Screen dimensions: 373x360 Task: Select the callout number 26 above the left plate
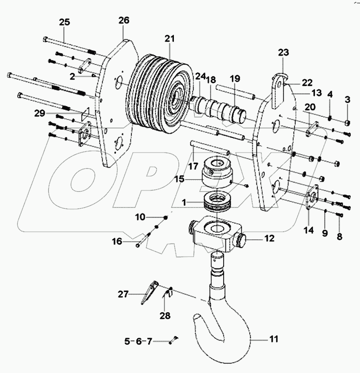[124, 20]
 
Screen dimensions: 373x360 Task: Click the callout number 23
[283, 52]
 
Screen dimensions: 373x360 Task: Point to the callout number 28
[165, 315]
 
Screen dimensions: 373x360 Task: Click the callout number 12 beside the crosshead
[269, 239]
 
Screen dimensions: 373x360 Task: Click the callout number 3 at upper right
[347, 99]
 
